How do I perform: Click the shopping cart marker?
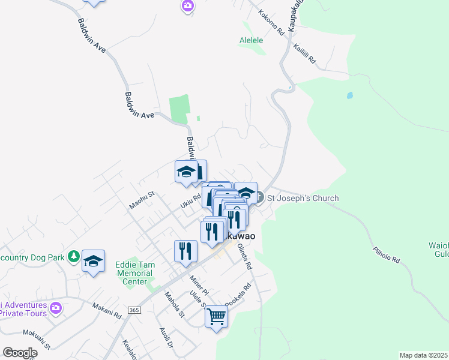216,316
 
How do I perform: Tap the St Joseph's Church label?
303,198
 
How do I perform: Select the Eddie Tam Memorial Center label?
134,272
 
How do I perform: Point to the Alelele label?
252,40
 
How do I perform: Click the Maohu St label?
142,200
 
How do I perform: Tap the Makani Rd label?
107,310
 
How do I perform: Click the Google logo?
20,353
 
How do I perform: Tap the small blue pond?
349,95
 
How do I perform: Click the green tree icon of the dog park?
74,257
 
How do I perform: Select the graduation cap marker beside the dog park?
93,261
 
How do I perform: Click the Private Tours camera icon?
56,308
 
